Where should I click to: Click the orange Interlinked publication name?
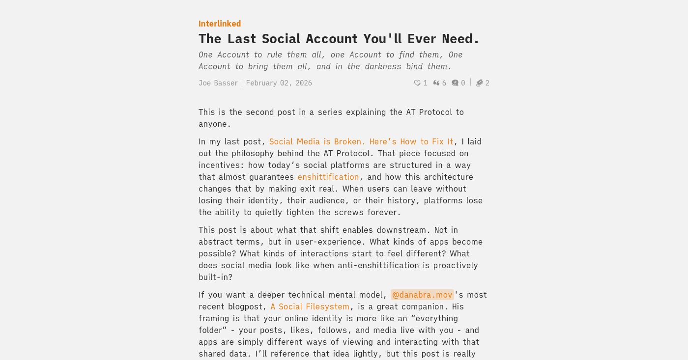220,24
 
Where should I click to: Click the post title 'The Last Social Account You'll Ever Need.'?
339,39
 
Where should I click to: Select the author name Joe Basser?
218,83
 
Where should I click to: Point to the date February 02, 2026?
279,83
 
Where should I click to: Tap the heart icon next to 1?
417,83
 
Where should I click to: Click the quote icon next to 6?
436,83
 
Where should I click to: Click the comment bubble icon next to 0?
455,83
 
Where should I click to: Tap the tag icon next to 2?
480,83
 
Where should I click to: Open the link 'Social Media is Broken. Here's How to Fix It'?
361,141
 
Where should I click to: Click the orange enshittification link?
328,177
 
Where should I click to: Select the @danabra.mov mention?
422,295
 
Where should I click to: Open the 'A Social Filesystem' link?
310,306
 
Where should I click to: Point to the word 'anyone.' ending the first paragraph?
215,124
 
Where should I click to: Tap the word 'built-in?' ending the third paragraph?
215,277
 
